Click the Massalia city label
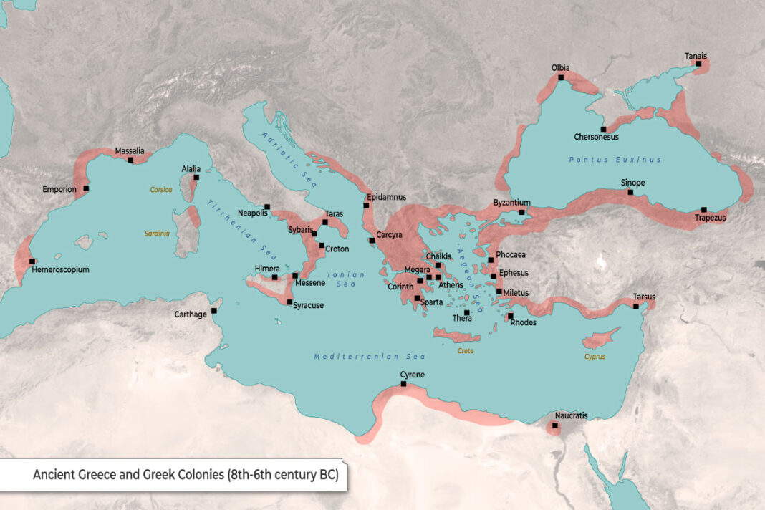129,151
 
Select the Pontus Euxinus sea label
615,160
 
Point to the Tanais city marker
698,64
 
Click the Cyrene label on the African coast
412,375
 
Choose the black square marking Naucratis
555,425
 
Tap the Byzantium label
511,203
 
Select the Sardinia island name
158,234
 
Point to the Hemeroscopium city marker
32,261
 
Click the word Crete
465,351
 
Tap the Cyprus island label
595,356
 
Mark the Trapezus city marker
704,210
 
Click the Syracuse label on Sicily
308,305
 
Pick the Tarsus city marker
637,307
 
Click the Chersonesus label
596,137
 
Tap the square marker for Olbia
562,77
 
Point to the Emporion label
59,190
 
